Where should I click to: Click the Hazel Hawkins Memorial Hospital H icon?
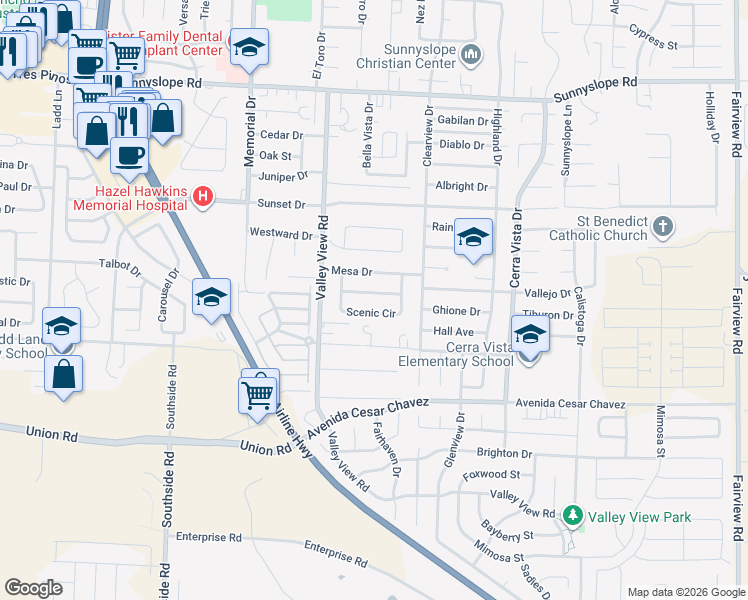tap(203, 196)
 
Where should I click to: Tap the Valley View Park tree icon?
tap(573, 516)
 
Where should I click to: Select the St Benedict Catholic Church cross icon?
tap(662, 227)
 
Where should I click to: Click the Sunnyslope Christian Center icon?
tap(472, 53)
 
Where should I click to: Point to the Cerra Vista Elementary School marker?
tap(530, 334)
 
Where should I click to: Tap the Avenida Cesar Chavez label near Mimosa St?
tap(570, 404)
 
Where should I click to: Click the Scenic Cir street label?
tap(370, 313)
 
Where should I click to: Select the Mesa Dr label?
tap(351, 271)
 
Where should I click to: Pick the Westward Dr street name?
tap(281, 235)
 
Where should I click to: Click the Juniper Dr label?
tap(284, 177)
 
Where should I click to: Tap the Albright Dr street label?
tap(461, 187)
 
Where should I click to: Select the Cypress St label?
tap(654, 45)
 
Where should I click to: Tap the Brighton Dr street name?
tap(505, 453)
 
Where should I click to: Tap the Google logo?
tap(33, 588)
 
